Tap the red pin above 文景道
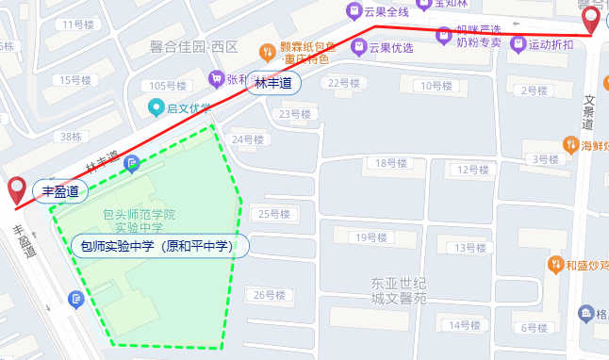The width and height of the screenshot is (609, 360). tap(591, 18)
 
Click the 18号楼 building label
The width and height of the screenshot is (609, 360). tap(390, 163)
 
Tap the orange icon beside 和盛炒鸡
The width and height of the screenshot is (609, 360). tap(555, 265)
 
